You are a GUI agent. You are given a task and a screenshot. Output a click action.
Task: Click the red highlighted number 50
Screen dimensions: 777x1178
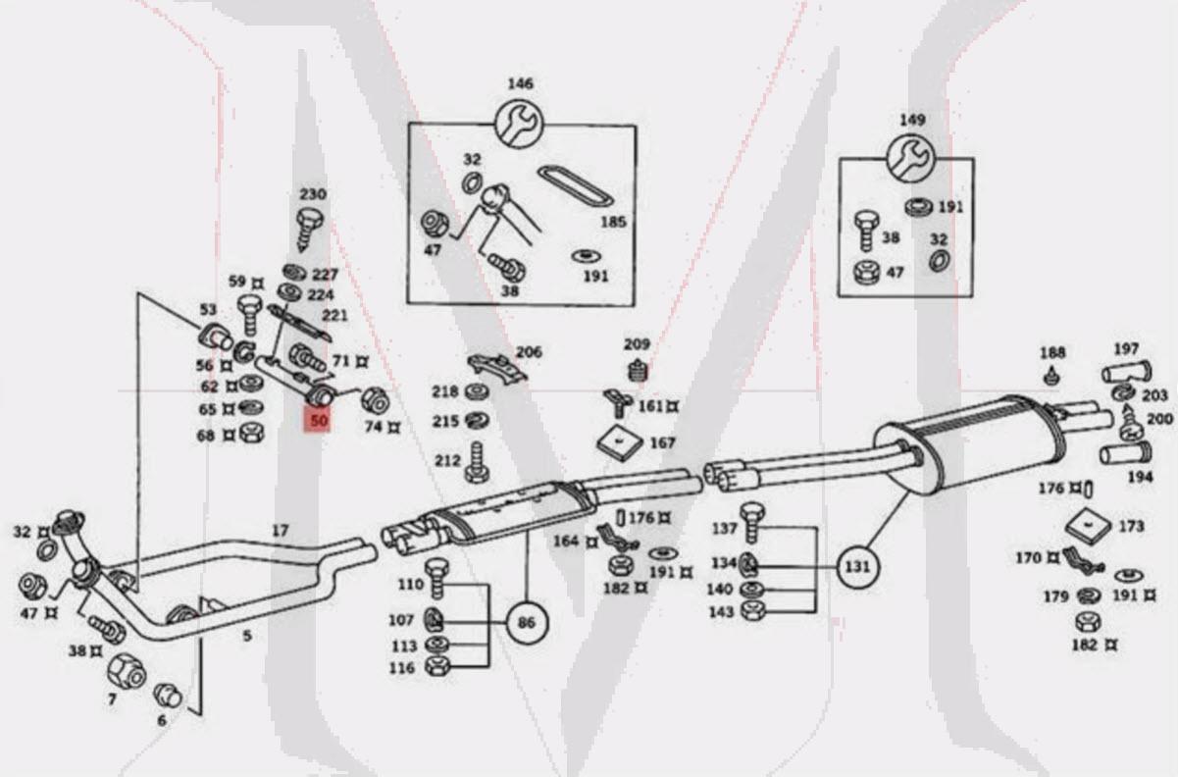(318, 421)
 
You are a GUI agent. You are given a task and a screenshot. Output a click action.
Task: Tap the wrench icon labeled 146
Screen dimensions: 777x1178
(520, 124)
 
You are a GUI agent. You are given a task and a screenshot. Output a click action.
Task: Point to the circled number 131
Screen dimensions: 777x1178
(858, 566)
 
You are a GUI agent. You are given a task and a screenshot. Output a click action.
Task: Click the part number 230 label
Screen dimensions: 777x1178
(313, 194)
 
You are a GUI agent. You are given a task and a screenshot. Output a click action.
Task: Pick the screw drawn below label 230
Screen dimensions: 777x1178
(312, 227)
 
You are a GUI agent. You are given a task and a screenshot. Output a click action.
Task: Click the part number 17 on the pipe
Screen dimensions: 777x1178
(281, 531)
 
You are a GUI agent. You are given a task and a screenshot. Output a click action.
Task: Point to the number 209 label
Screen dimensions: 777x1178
(637, 344)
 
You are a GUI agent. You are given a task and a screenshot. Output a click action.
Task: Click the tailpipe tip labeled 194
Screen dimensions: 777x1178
(1125, 454)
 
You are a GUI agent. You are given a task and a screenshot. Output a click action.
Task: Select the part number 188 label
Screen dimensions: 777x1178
(1051, 352)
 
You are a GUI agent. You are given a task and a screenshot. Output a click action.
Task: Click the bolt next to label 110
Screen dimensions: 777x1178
(437, 580)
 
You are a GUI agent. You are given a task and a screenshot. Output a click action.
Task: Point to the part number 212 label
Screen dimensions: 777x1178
(446, 460)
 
